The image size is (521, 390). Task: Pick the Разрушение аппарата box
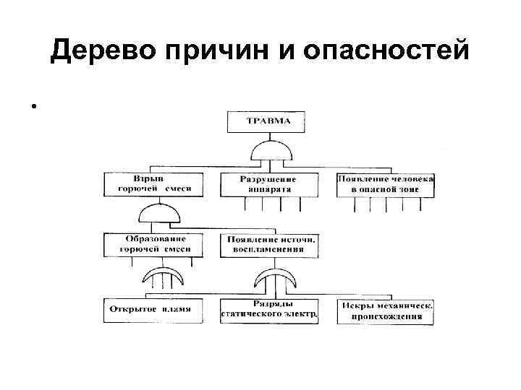pos(268,183)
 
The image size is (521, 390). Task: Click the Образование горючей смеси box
pos(152,244)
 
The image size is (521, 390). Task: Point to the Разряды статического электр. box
pos(269,310)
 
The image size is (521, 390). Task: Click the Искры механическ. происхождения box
pos(386,311)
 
